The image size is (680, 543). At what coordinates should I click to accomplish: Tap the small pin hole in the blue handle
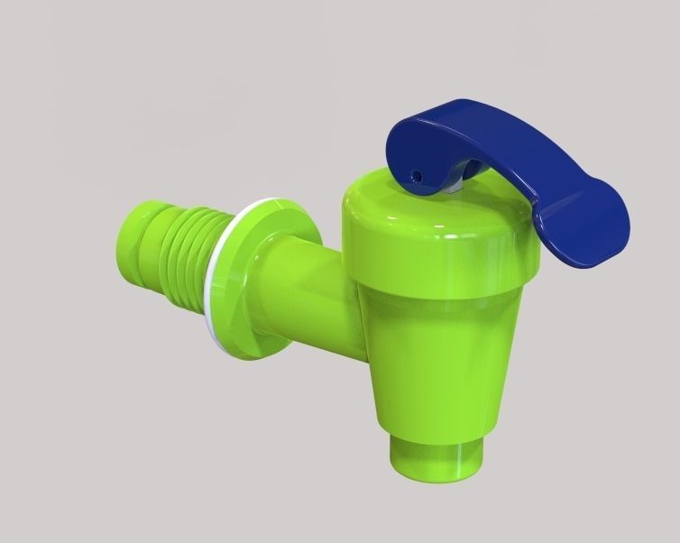tap(417, 174)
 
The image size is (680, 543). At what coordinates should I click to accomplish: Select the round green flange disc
tap(271, 271)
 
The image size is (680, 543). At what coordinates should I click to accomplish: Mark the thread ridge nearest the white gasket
tap(219, 262)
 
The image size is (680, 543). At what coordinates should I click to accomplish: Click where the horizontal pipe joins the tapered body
tap(347, 298)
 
